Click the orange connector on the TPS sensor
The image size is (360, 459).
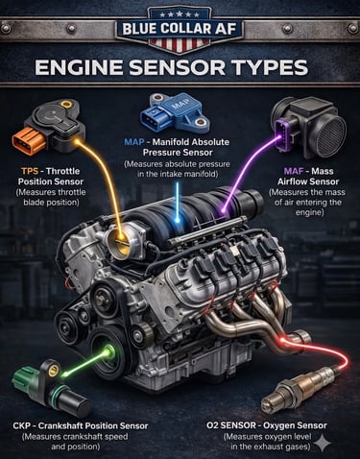tap(26, 141)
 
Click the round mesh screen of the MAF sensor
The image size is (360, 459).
tap(332, 132)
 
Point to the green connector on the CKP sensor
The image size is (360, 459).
tap(24, 378)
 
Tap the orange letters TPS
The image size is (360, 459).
tap(30, 171)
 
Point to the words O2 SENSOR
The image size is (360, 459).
tap(231, 425)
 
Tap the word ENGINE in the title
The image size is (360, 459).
tap(79, 68)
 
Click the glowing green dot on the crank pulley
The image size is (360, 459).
tap(108, 351)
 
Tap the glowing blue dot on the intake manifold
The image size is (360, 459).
tap(177, 220)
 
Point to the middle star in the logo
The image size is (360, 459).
tap(180, 14)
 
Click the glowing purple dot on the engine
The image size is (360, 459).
tap(224, 211)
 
